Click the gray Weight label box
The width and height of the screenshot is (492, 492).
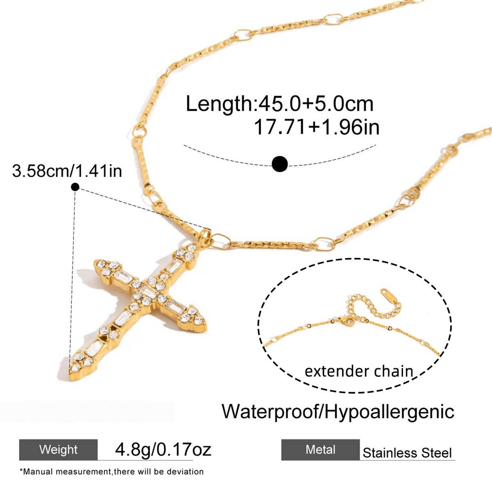pos(59,450)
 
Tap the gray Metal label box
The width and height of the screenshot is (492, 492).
pos(320,450)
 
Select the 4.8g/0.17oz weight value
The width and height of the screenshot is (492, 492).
pos(163,449)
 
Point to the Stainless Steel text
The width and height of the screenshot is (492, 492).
pos(407,453)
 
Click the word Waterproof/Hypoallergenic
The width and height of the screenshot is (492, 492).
pos(338,411)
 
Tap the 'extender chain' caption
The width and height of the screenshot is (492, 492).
pos(359,371)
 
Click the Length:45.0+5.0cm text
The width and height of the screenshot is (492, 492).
pos(279,104)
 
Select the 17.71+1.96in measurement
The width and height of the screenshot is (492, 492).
pos(316,127)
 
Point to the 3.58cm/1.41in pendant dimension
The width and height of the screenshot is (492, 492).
pos(67,171)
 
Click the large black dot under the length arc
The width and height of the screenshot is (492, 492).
pos(279,164)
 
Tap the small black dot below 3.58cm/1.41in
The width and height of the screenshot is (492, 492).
pos(75,187)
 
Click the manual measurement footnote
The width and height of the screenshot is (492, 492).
pos(111,472)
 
